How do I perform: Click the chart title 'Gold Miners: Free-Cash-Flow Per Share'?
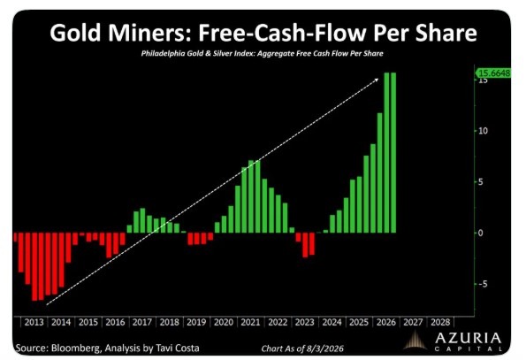coord(263,33)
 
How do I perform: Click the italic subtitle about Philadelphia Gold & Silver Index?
coord(262,53)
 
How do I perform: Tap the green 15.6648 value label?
coord(493,73)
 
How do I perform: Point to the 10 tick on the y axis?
coord(483,131)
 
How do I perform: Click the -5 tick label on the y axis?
coord(483,284)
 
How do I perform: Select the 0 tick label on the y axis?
coord(481,233)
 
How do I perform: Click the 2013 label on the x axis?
coord(34,323)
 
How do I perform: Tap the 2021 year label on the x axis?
coord(250,323)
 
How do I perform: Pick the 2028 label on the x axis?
coord(440,323)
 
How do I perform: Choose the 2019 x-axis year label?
coord(196,323)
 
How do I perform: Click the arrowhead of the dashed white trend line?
coord(377,80)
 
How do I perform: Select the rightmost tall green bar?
coord(393,153)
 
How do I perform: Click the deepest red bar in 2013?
coord(34,266)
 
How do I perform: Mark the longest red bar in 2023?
coord(305,245)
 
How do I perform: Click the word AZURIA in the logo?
coord(469,338)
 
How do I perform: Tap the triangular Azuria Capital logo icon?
coord(415,341)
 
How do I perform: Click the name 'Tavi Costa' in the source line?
coord(178,349)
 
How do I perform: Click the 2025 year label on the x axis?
coord(359,323)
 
